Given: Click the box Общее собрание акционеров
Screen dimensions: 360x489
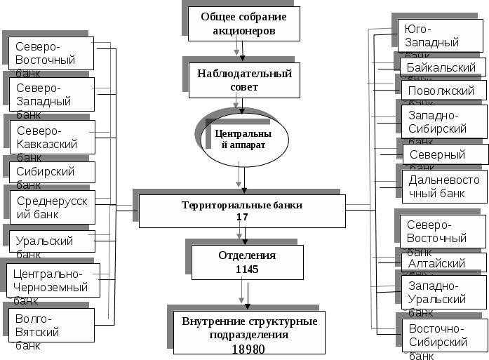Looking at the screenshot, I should (x=243, y=24).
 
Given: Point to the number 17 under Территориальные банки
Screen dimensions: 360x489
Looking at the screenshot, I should (x=242, y=218).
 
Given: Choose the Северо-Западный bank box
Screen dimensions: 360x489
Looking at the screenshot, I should (x=53, y=94).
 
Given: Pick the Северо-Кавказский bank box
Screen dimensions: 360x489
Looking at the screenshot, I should (x=53, y=138).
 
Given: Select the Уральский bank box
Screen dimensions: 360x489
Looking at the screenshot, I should (x=53, y=241).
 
